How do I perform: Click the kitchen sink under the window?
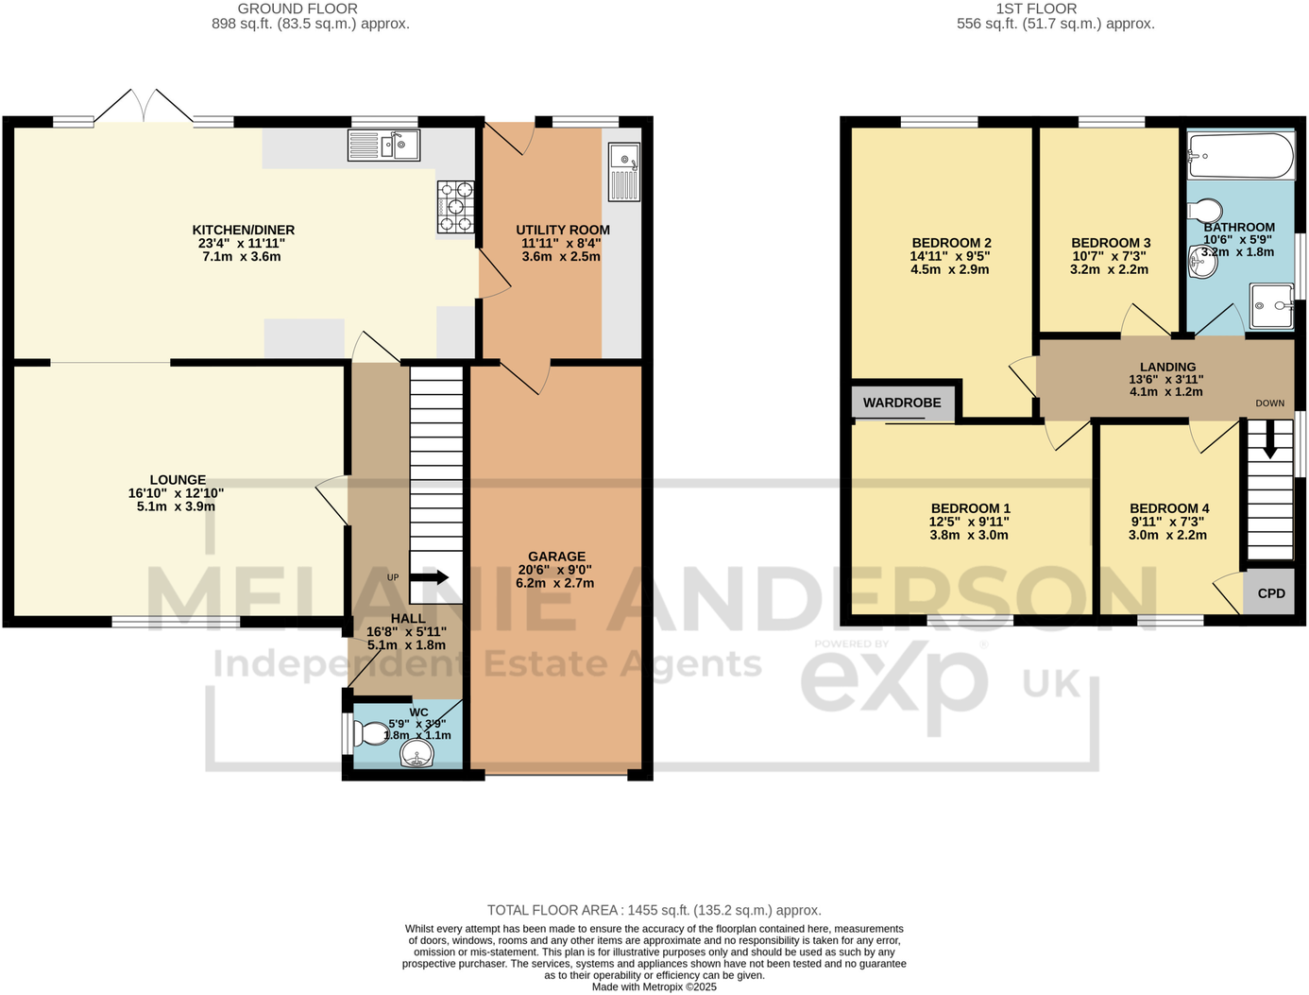(383, 146)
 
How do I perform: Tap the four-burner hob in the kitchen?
(455, 207)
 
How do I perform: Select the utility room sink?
(624, 171)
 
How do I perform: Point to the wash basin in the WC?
(416, 754)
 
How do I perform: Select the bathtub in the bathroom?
(1241, 156)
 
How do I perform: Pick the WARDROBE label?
(902, 403)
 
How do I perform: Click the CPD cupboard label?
(1271, 593)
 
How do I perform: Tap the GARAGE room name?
(557, 557)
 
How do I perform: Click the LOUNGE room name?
(178, 480)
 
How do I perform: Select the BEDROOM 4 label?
(1169, 508)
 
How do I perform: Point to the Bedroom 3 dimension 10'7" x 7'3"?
(1110, 256)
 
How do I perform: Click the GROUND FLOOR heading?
(297, 9)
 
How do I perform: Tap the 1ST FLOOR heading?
(1036, 9)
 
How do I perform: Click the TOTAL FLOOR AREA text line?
(654, 910)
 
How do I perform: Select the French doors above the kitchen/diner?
(144, 106)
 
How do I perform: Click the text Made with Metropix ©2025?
(654, 986)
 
